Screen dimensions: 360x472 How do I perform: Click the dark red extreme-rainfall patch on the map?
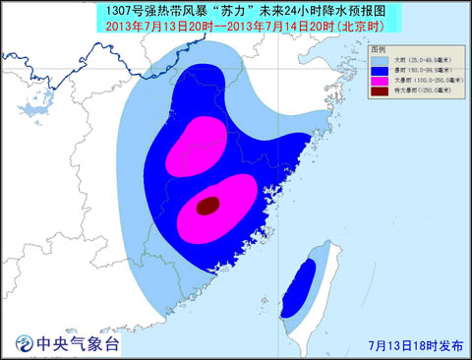point(207,206)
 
